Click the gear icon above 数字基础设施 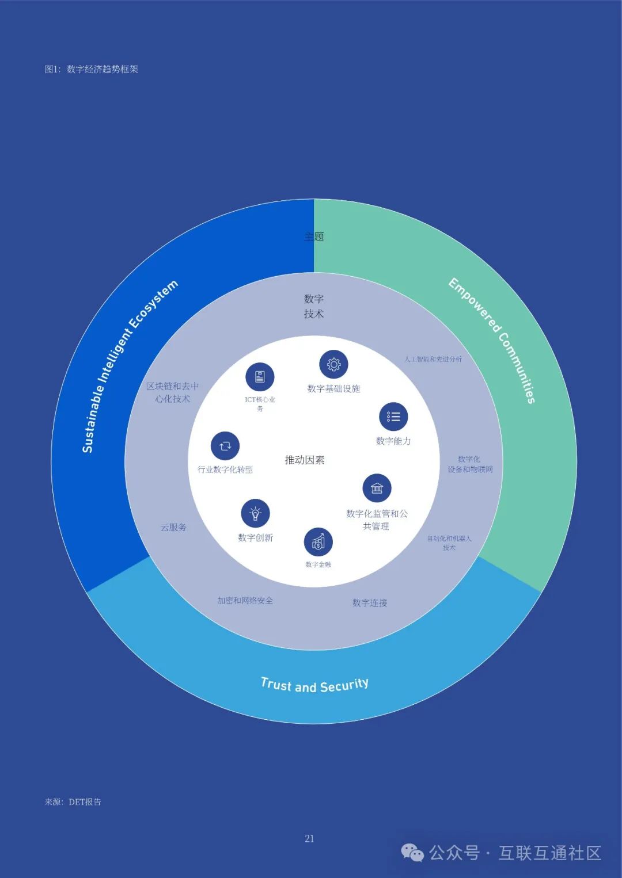tap(334, 364)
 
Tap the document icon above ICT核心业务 tap(260, 377)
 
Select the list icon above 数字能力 tap(394, 417)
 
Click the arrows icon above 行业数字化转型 tap(225, 446)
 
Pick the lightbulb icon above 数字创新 tap(255, 513)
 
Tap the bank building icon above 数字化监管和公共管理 tap(377, 488)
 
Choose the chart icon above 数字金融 tap(318, 542)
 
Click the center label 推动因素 tap(305, 460)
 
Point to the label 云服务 tap(173, 527)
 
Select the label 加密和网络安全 tap(245, 600)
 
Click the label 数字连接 tap(370, 602)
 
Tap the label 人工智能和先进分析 tap(433, 359)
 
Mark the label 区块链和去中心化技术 tap(172, 392)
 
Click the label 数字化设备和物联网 tap(470, 464)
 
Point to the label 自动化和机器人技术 tap(449, 543)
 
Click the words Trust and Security tap(314, 685)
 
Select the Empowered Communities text tap(492, 340)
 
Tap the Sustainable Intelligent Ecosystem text tap(129, 367)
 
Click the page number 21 tap(309, 838)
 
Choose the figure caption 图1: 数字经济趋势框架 tap(92, 69)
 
